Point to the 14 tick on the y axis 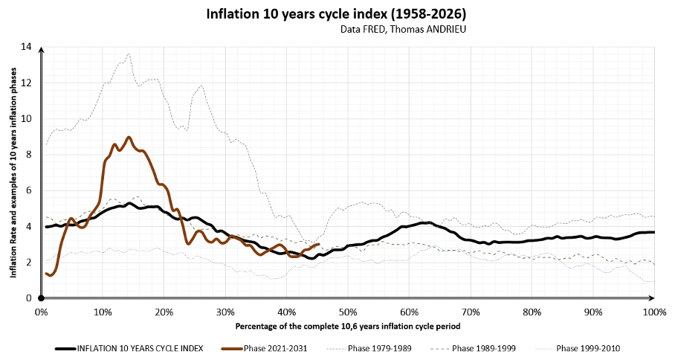27,47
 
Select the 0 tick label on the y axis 29,298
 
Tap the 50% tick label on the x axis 348,311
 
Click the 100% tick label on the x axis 653,311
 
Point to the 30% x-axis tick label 225,311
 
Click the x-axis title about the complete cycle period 347,326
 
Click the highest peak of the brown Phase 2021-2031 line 129,137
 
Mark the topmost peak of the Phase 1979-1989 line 129,54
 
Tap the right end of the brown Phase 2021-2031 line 318,244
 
